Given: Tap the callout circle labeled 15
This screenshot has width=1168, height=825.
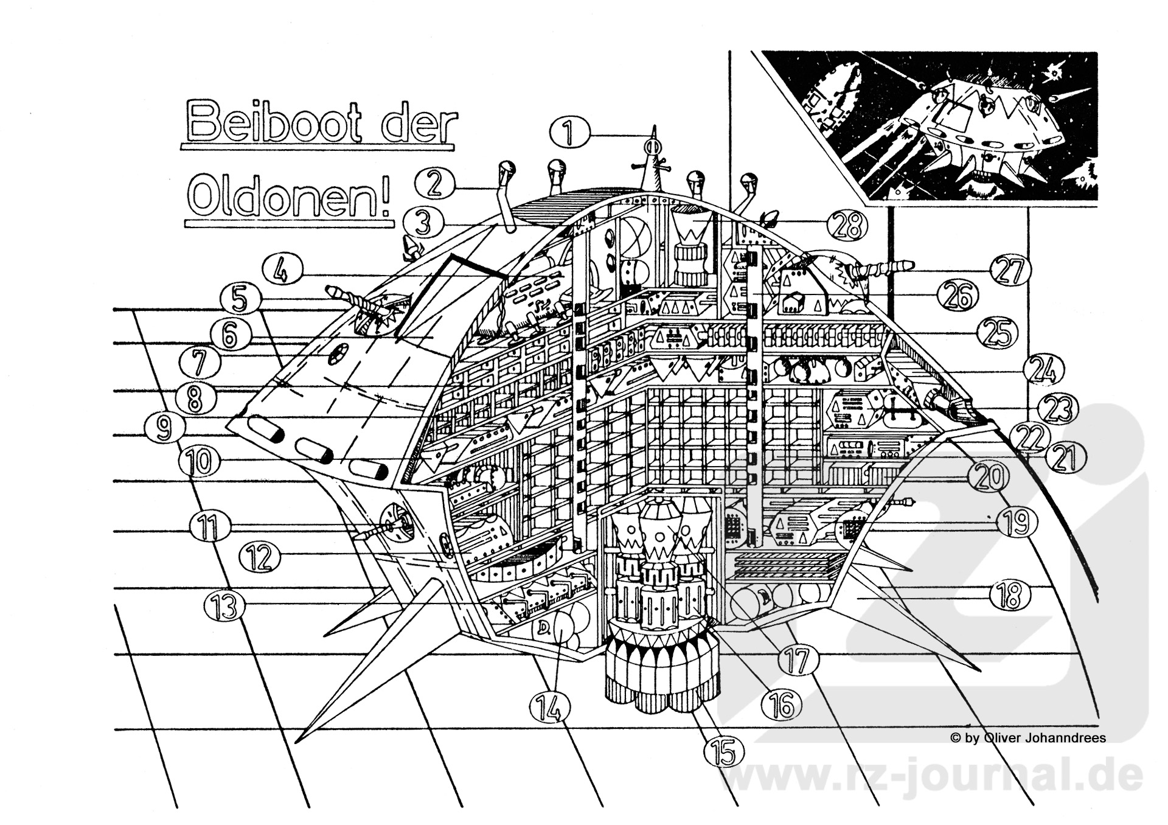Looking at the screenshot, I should click(725, 751).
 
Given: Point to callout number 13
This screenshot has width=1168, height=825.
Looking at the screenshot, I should click(226, 605).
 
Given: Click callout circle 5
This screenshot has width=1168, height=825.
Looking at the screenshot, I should click(240, 300).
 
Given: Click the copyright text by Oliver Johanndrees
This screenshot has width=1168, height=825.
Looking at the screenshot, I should click(1028, 738).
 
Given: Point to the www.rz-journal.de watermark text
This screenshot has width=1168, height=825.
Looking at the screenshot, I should click(931, 776).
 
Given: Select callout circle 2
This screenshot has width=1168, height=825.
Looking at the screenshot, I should click(434, 183).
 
